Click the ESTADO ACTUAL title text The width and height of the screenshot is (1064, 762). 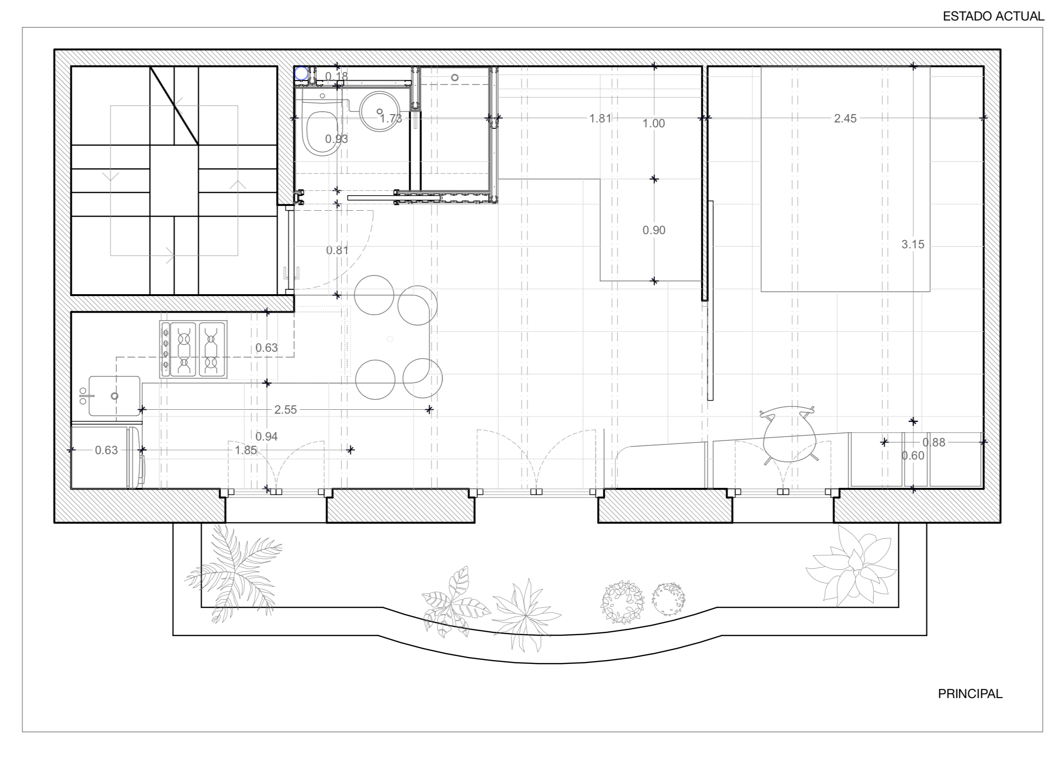993,17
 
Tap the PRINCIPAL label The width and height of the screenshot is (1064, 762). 970,694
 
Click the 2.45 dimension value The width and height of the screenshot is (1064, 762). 845,119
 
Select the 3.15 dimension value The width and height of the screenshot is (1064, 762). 912,244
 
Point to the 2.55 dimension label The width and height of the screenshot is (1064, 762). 285,410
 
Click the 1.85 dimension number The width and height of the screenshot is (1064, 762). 246,450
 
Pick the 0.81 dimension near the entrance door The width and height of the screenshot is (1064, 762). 337,250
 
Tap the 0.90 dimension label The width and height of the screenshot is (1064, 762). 653,230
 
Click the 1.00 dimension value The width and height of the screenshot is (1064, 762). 653,124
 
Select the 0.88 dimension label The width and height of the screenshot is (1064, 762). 933,442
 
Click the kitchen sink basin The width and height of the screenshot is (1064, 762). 115,396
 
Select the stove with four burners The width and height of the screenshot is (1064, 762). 194,349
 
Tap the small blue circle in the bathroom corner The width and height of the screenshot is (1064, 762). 301,74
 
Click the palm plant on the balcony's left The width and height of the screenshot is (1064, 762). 234,573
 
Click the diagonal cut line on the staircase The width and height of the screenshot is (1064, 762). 174,105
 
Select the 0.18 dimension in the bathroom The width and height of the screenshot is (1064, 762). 336,77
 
